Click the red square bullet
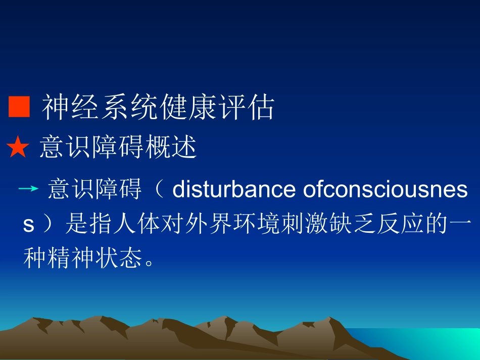coord(19,107)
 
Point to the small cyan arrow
coord(28,189)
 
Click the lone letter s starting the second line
coord(29,225)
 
